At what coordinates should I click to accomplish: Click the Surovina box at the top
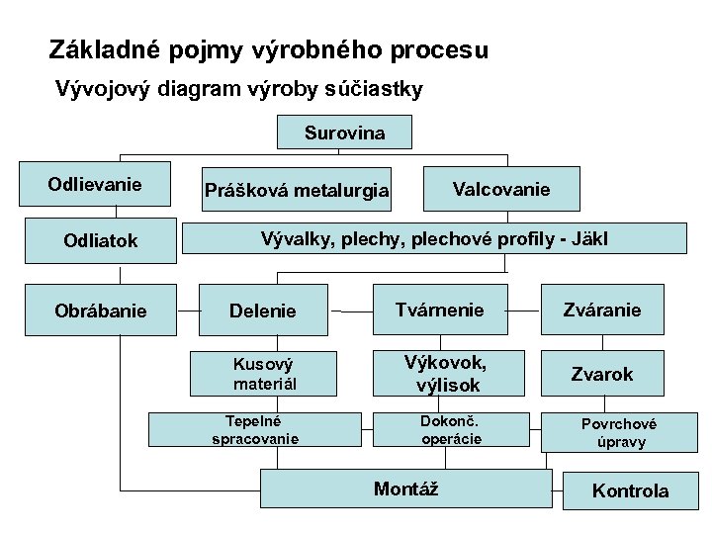[x=344, y=133]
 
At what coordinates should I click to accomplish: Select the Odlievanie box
[x=95, y=185]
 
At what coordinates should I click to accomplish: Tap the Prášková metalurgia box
[x=296, y=190]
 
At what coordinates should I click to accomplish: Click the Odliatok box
[x=100, y=240]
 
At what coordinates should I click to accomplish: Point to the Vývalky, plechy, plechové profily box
[x=433, y=239]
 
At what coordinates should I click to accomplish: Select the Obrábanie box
[x=100, y=311]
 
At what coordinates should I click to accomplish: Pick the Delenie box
[x=263, y=311]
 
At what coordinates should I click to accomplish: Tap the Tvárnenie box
[x=440, y=310]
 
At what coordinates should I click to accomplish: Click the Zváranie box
[x=603, y=310]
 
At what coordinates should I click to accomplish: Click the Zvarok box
[x=603, y=374]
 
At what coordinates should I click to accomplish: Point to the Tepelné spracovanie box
[x=254, y=428]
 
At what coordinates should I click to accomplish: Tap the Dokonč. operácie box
[x=451, y=428]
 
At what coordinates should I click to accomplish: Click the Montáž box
[x=405, y=489]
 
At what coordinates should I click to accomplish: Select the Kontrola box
[x=629, y=490]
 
